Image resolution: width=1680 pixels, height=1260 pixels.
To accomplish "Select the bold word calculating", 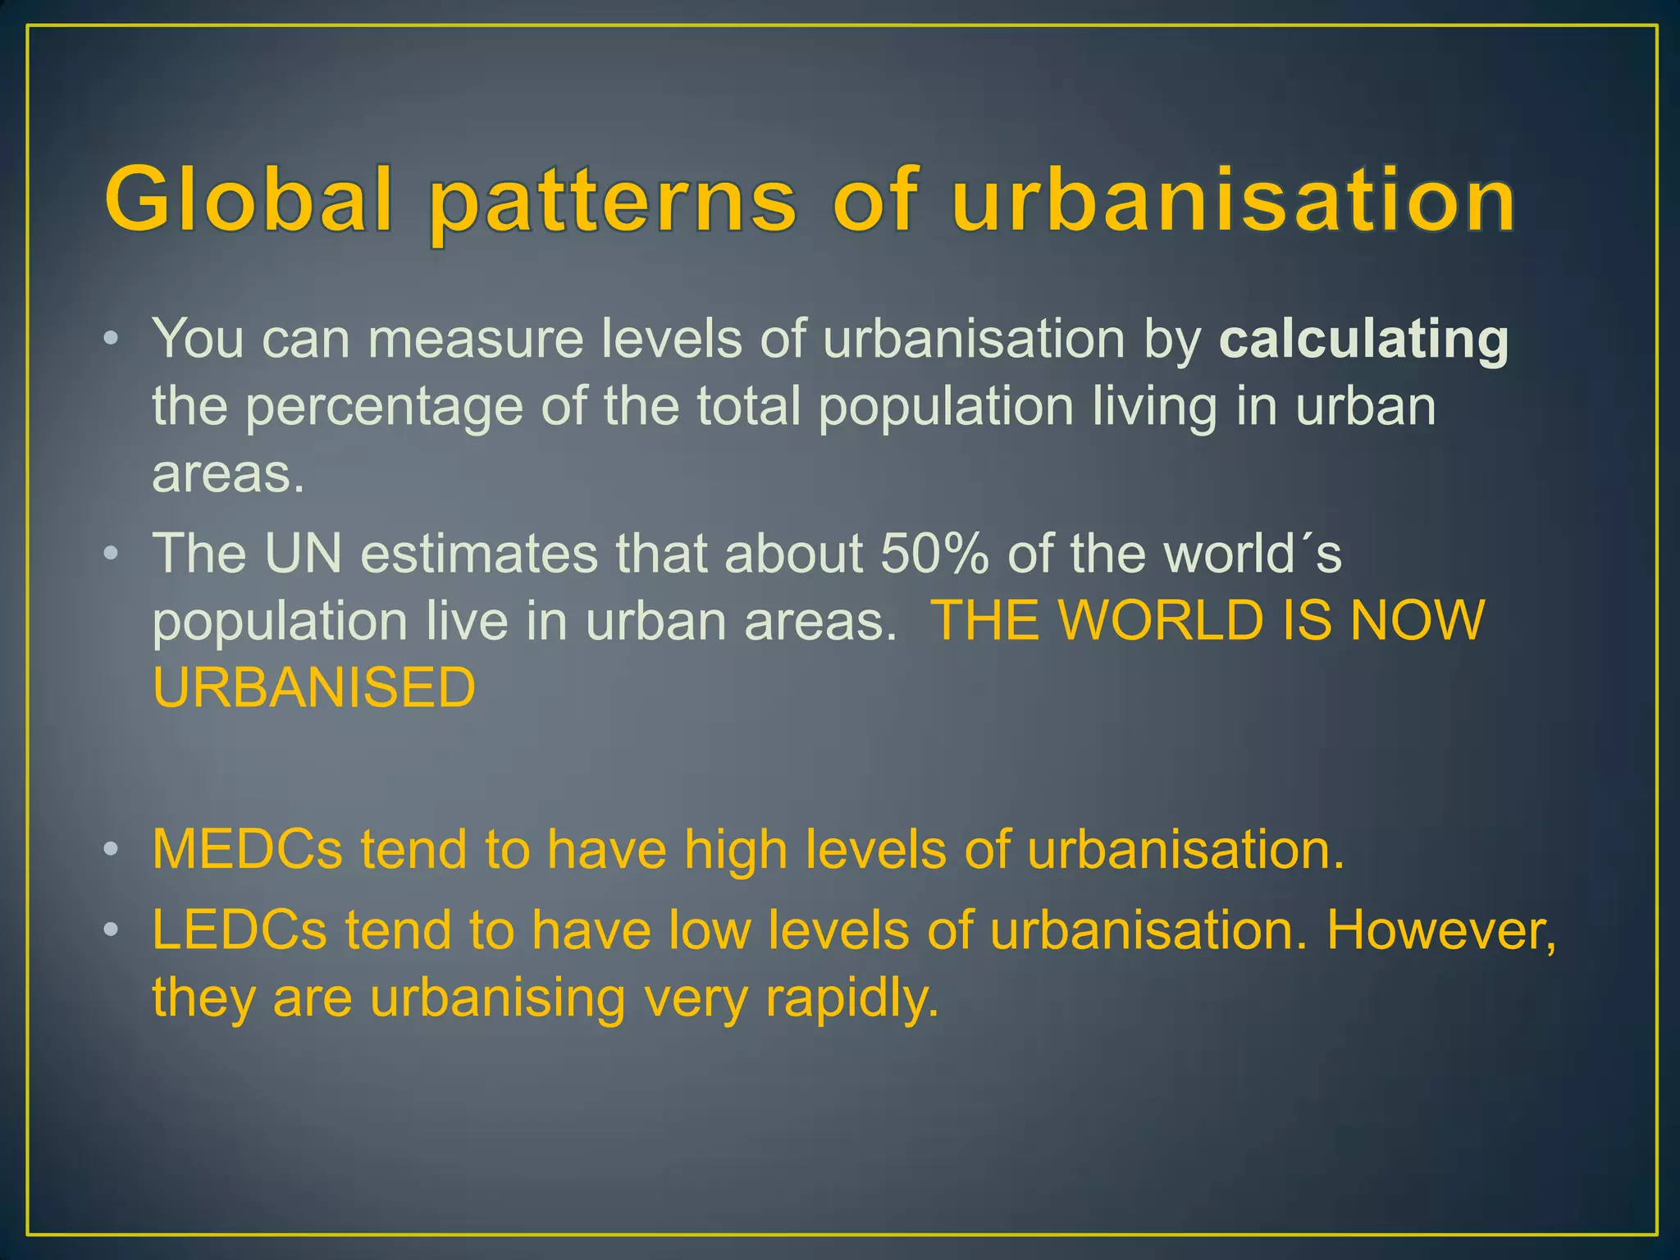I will (1363, 340).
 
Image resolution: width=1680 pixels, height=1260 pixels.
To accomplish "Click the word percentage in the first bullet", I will (384, 408).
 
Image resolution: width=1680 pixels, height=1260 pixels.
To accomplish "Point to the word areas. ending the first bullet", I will (228, 474).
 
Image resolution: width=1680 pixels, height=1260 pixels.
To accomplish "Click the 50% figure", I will (934, 554).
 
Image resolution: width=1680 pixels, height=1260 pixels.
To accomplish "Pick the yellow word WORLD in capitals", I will (1161, 620).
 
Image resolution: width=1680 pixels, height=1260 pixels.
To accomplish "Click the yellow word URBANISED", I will (314, 687).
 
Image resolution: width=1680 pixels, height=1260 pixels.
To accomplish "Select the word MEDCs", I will (248, 849).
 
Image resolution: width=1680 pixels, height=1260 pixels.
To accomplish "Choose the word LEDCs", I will (240, 930).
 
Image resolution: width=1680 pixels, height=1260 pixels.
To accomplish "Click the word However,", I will (1441, 932).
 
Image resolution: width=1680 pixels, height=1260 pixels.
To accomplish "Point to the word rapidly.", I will (851, 999).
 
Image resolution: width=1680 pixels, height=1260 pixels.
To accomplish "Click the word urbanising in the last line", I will (497, 999).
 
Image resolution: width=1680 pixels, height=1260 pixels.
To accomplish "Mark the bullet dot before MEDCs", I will (112, 849).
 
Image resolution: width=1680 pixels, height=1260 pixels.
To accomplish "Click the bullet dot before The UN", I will (112, 554).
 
